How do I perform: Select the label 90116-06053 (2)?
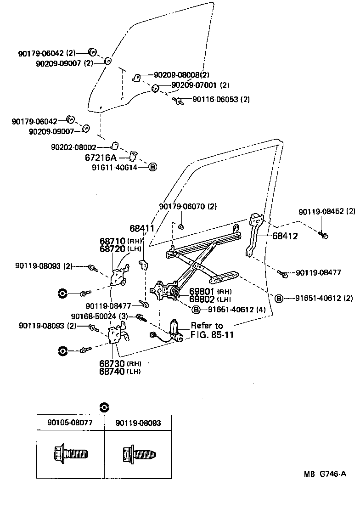[x=221, y=99]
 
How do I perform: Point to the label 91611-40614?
[x=121, y=167]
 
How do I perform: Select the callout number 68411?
[x=141, y=228]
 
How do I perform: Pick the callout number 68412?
[x=285, y=237]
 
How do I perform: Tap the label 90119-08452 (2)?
[x=326, y=212]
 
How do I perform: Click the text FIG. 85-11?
[x=212, y=335]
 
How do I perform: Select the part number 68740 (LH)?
[x=120, y=371]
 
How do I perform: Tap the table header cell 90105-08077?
[x=70, y=423]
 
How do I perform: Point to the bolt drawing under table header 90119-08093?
[x=139, y=455]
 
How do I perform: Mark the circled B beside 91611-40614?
[x=153, y=167]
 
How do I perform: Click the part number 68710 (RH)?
[x=120, y=241]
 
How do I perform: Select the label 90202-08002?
[x=74, y=147]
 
